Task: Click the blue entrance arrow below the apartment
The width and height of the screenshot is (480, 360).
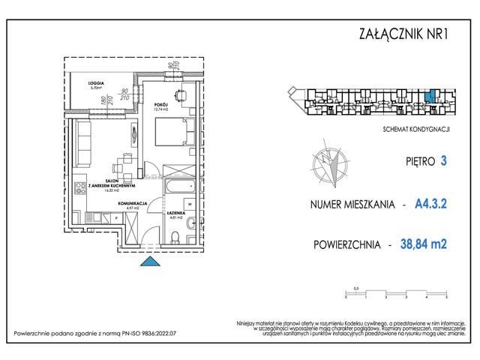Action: click(150, 260)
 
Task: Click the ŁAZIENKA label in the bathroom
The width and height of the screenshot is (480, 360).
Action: click(176, 213)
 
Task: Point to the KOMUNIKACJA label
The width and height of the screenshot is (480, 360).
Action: click(132, 202)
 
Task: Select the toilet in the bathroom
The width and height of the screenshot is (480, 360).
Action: click(175, 238)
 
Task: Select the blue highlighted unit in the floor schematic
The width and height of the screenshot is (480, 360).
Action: click(428, 97)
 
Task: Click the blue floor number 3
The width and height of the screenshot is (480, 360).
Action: click(444, 160)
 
